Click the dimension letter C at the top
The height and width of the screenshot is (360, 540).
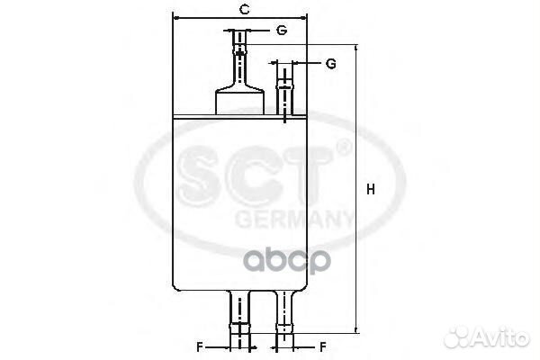pos(244,10)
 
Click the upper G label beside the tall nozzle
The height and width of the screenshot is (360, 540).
pos(282,31)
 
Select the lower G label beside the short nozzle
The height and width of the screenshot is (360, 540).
pos(330,64)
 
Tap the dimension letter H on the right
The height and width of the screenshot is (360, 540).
pos(371,190)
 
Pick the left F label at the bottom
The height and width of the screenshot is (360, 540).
pos(200,346)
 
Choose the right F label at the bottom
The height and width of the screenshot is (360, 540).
pos(323,346)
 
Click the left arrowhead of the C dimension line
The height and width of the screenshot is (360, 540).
pos(176,18)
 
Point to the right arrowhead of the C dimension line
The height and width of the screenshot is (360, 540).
pos(302,18)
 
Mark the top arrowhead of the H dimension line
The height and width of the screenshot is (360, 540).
pos(356,49)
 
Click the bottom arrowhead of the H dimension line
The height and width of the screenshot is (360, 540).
pos(356,329)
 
